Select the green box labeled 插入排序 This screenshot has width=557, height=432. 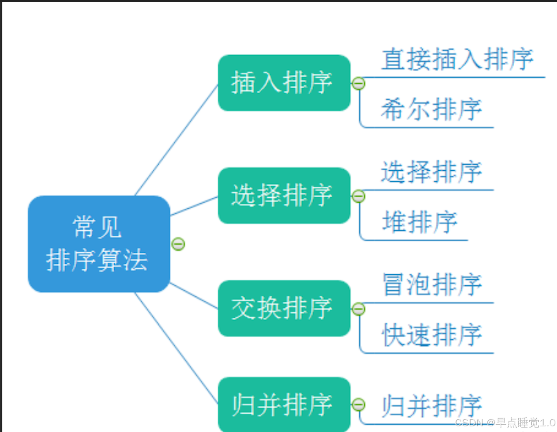click(284, 83)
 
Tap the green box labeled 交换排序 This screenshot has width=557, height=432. click(284, 308)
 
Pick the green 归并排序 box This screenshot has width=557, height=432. click(284, 405)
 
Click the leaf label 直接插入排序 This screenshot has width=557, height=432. click(457, 59)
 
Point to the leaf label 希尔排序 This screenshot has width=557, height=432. click(431, 110)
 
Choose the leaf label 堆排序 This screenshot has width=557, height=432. click(420, 222)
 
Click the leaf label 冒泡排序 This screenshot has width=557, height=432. click(432, 285)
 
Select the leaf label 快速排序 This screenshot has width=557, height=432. click(432, 335)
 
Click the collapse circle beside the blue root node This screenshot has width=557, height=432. click(178, 244)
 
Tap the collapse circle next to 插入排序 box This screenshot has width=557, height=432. click(358, 84)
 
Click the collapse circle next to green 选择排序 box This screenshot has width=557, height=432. click(358, 197)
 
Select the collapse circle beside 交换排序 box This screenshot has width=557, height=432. click(358, 309)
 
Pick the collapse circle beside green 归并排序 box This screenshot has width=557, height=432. click(358, 405)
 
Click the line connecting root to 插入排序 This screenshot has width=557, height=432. click(176, 140)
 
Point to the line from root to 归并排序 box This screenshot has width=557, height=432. click(176, 348)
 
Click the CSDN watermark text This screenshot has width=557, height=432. click(505, 423)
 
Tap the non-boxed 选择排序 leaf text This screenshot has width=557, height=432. click(431, 172)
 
